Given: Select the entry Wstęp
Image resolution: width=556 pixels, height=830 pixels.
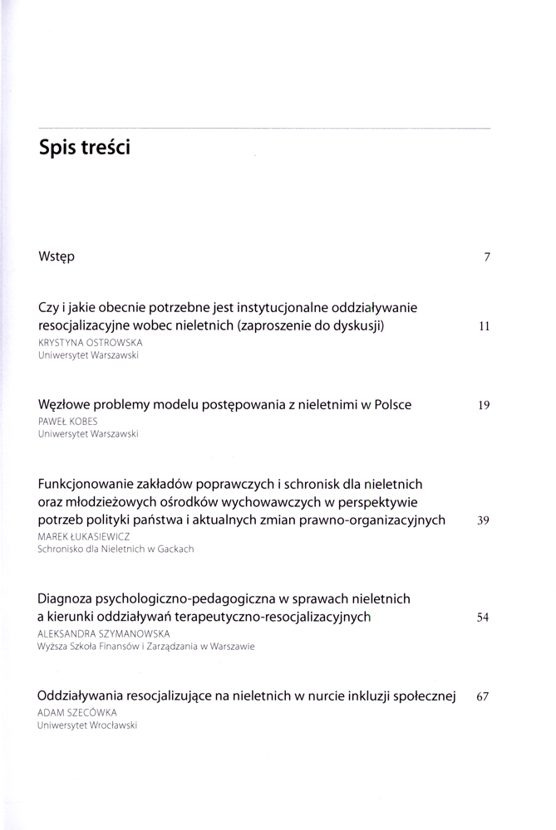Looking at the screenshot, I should point(57,256).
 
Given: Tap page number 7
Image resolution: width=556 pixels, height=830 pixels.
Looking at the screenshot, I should point(487,257).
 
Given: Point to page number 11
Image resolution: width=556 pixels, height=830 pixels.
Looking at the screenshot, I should point(485,327).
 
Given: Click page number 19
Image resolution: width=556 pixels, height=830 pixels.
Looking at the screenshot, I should point(485,405).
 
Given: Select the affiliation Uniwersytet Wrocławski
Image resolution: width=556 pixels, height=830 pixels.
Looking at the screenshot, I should point(87,725).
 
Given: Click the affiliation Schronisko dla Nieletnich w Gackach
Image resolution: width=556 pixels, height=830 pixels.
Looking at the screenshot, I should point(116,549).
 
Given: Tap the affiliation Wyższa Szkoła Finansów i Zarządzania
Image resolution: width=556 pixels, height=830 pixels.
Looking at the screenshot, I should point(145,645).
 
